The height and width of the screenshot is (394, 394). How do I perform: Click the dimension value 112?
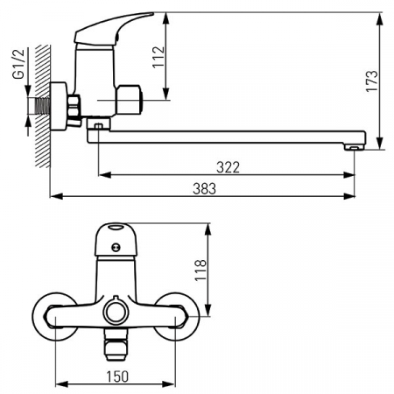[x=158, y=57]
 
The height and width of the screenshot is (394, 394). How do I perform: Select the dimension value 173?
[x=372, y=81]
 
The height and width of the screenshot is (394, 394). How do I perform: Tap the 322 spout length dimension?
[x=228, y=167]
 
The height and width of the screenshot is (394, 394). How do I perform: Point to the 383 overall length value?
[x=204, y=189]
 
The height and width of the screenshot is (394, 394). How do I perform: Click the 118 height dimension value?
[x=201, y=270]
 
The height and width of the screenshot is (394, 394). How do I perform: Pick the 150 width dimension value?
[x=117, y=376]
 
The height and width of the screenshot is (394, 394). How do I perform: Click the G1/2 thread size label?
[x=18, y=64]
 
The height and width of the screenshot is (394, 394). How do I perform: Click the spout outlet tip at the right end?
[x=354, y=148]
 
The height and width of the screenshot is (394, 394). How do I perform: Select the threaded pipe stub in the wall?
[x=42, y=106]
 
